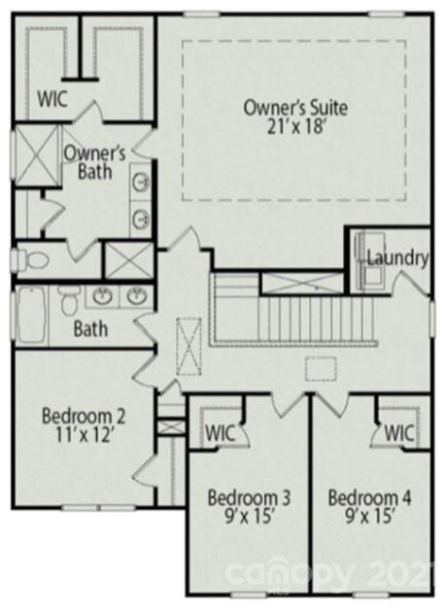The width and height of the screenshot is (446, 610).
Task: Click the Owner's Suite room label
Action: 294,107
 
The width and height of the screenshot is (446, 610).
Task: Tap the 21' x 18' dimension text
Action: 294,126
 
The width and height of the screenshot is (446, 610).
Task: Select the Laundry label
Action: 397,258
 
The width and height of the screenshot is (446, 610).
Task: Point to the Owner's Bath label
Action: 95,162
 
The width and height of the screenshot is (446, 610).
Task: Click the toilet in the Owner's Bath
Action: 34,260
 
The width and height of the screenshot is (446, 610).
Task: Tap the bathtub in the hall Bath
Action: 31,317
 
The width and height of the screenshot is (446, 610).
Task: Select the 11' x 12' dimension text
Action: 84,436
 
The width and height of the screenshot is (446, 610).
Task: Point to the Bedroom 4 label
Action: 369,498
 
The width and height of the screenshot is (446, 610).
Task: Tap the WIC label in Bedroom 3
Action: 219,431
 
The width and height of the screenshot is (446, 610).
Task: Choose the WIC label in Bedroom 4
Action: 399,431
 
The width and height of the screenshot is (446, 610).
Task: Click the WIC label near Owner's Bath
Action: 52,98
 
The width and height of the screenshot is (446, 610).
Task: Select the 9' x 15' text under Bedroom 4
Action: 369,518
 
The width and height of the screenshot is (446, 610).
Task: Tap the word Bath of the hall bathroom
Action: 89,328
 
